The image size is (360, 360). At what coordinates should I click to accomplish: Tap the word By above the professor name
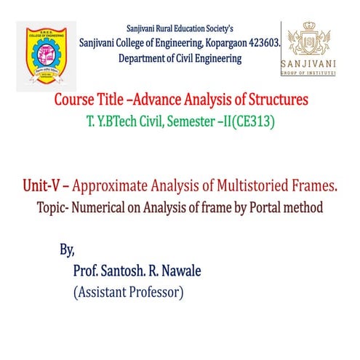(67, 251)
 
